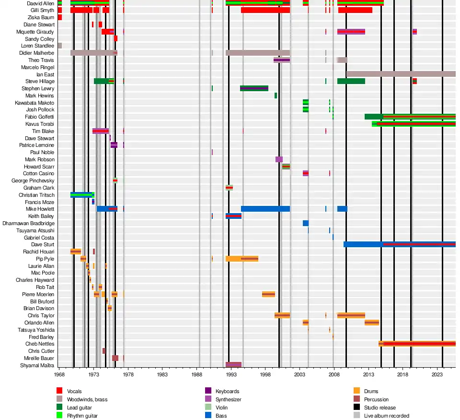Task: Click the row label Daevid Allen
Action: (x=40, y=3)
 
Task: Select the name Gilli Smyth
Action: (x=41, y=10)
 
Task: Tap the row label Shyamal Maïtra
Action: (x=37, y=365)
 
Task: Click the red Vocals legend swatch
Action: (x=59, y=392)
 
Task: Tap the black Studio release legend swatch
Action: (x=356, y=408)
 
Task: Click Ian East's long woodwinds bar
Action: (x=401, y=74)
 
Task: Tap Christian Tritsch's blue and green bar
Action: (x=81, y=194)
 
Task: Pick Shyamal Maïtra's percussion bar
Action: (x=233, y=365)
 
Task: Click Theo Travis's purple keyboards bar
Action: (x=282, y=60)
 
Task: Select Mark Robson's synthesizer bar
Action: (x=279, y=159)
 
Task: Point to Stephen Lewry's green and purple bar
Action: (x=254, y=88)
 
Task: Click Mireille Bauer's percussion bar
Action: (x=115, y=358)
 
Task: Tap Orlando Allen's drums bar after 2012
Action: (x=372, y=323)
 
